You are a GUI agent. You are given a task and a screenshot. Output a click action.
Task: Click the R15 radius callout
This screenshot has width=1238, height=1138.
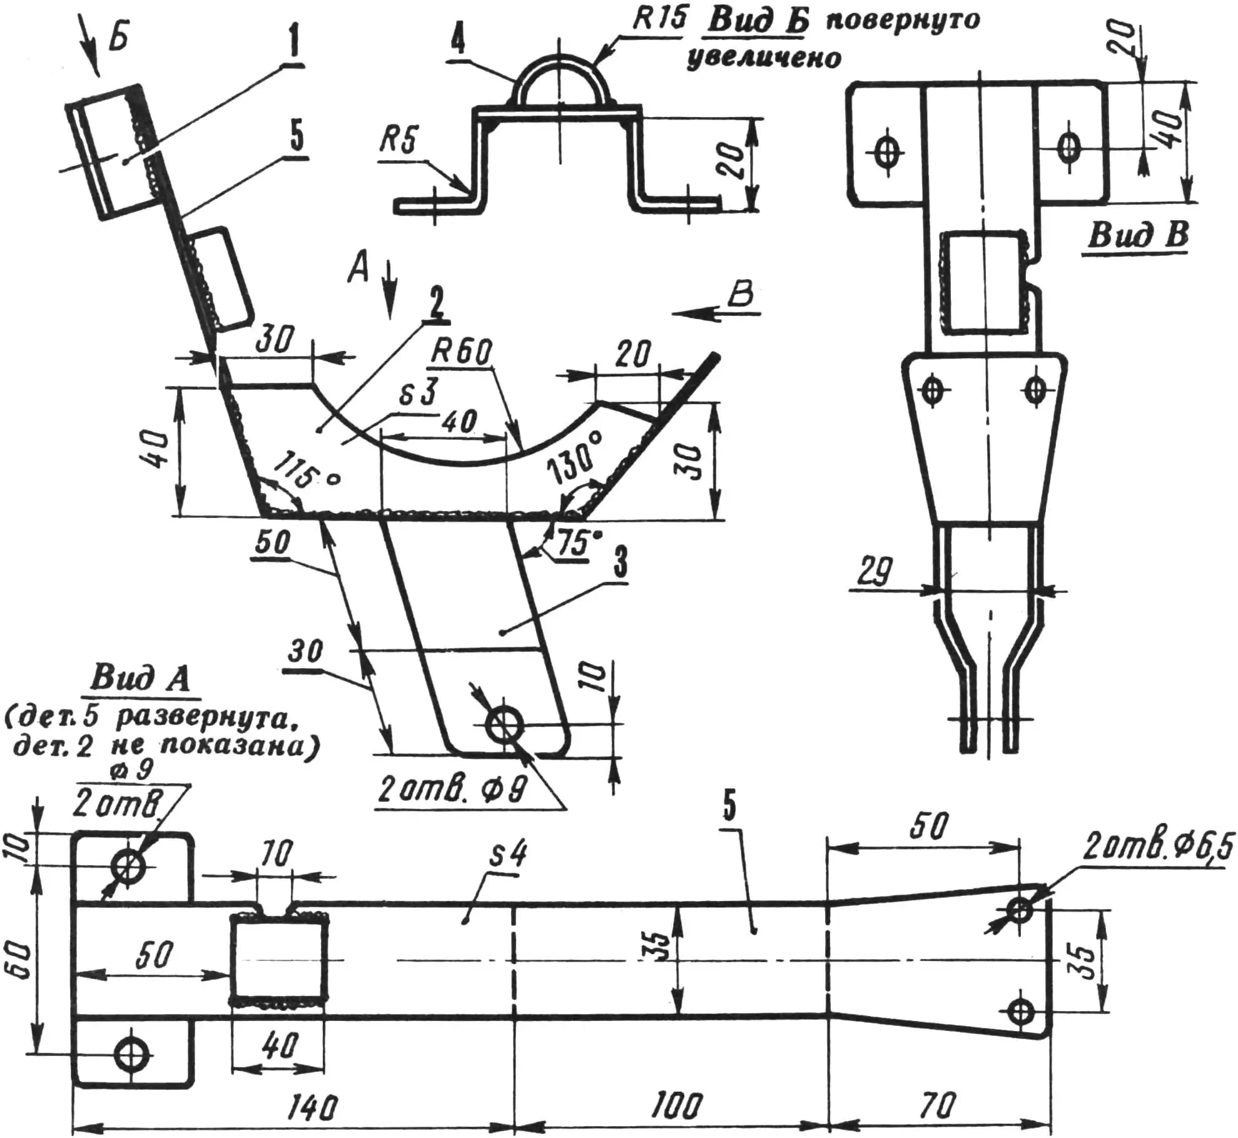[x=658, y=20]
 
